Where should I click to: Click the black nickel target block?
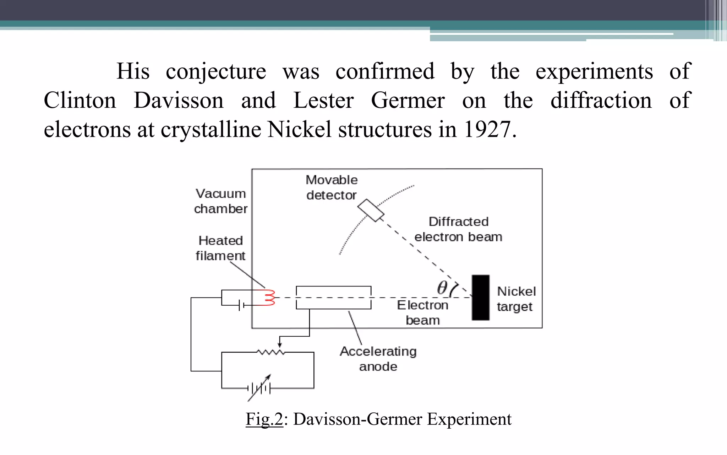click(481, 298)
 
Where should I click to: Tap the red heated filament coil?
click(269, 298)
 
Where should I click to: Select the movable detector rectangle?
click(371, 210)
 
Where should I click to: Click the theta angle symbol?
click(442, 288)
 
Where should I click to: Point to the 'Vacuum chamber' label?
click(220, 201)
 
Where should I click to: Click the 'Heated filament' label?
click(220, 248)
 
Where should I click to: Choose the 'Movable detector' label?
click(332, 187)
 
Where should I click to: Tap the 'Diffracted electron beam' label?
click(458, 229)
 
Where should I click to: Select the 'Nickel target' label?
click(516, 299)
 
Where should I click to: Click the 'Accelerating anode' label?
click(378, 359)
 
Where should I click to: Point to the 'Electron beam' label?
click(422, 312)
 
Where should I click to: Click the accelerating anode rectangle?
click(333, 298)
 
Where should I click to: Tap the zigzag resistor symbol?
click(271, 352)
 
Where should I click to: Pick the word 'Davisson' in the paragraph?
click(179, 100)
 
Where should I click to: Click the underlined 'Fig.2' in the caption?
click(264, 419)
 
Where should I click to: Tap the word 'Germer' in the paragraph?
click(408, 100)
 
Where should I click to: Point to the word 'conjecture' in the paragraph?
click(216, 71)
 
